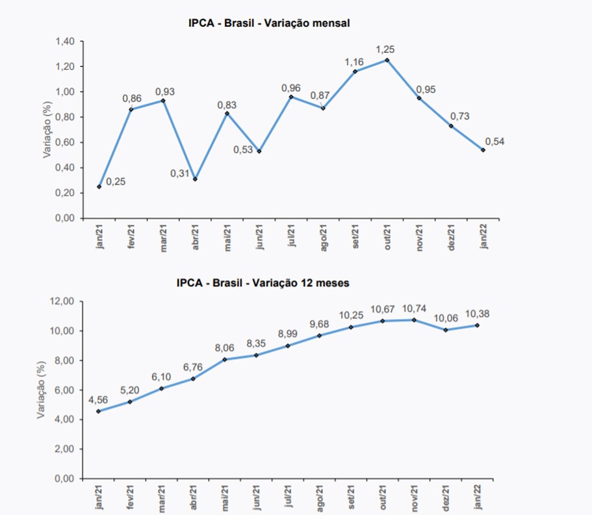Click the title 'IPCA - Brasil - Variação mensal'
(x=269, y=23)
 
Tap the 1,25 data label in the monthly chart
(x=386, y=49)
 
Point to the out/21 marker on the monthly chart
(x=387, y=60)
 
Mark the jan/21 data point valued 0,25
(x=99, y=187)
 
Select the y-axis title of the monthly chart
(x=47, y=129)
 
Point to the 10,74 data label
(x=413, y=308)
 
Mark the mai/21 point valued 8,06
(x=225, y=359)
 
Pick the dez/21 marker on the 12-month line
(x=446, y=330)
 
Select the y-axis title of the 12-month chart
(x=42, y=390)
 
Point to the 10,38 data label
(x=477, y=314)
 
